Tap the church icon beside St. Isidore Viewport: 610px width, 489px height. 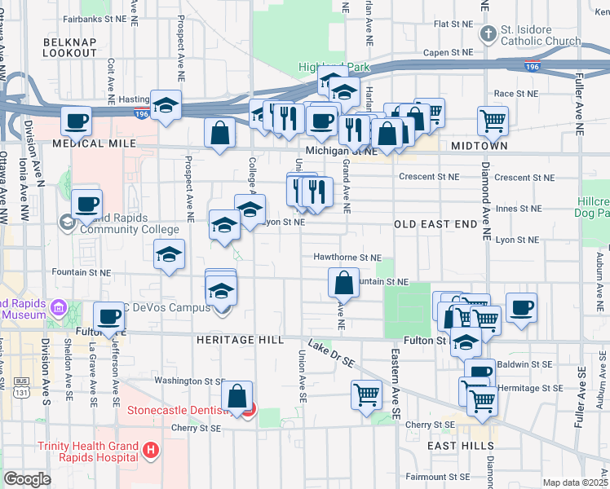[488, 34]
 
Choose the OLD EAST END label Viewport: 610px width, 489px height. [434, 223]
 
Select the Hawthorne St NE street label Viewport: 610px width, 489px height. [347, 258]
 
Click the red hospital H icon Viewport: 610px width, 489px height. [150, 450]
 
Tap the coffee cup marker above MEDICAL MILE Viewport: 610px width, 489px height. [77, 121]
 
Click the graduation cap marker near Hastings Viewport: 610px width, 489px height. [166, 106]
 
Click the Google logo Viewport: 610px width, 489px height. [27, 479]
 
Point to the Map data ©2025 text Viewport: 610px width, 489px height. [574, 482]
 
